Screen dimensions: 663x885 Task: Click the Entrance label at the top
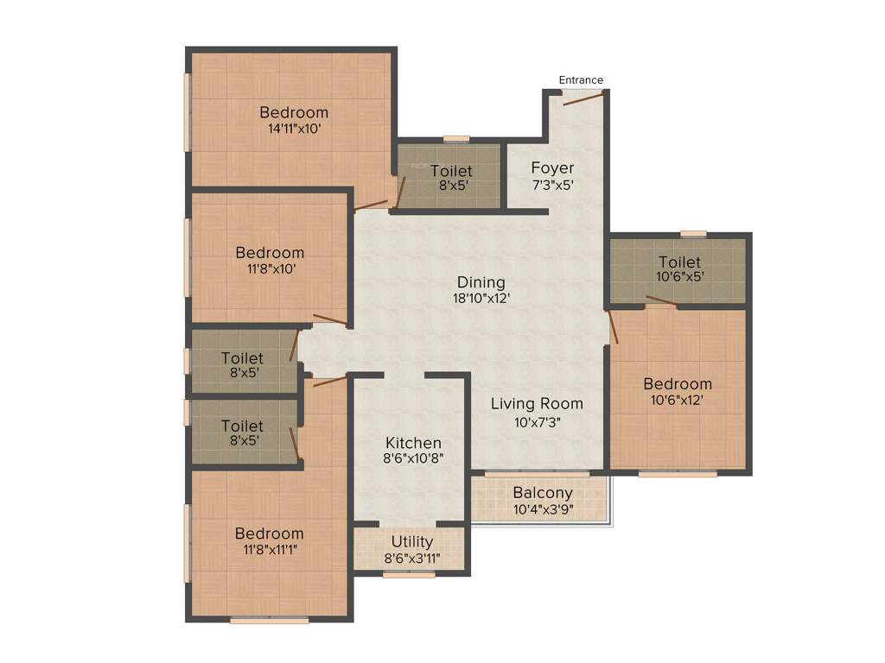[581, 80]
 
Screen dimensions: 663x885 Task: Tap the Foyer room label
[552, 167]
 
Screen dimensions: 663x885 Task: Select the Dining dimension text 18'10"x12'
[481, 299]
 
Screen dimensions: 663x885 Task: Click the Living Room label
[537, 403]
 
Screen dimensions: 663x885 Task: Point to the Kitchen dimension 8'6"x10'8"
[413, 459]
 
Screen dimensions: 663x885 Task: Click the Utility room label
[412, 542]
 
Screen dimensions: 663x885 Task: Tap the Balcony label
[543, 493]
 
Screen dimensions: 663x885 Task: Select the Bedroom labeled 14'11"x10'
[294, 112]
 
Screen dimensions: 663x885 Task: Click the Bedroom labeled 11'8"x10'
[270, 253]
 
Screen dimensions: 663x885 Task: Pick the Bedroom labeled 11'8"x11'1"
[270, 534]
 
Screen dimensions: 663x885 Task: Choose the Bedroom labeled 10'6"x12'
[678, 384]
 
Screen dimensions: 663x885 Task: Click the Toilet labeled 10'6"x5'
[679, 262]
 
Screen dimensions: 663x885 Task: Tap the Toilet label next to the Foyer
[451, 171]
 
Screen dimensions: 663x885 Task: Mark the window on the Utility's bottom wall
[409, 574]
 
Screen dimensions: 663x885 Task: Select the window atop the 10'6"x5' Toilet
[692, 233]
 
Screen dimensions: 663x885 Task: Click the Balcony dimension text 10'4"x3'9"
[543, 509]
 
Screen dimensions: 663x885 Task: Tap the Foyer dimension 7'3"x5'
[552, 184]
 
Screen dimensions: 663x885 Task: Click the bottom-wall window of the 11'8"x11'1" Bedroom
[270, 620]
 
